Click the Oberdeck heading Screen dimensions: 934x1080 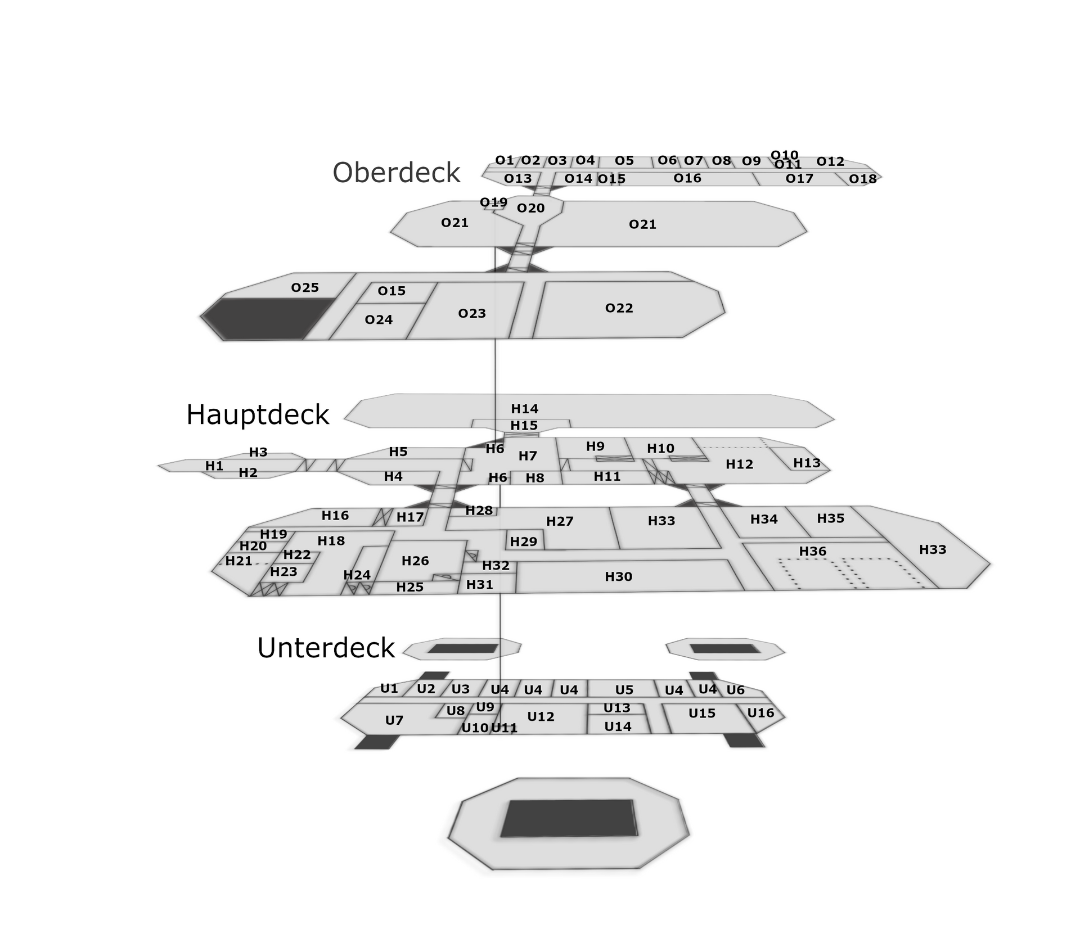pos(396,172)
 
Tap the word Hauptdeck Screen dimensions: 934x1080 pos(257,414)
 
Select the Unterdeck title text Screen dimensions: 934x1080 pos(326,648)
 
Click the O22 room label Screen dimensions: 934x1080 pos(619,308)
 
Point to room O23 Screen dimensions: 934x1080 pos(471,313)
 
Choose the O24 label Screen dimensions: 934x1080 pos(379,320)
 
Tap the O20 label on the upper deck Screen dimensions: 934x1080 pos(530,208)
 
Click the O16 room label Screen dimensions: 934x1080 pos(687,178)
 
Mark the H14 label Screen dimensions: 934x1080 pos(524,409)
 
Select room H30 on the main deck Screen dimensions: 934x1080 pos(618,576)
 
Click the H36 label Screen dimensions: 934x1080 pos(812,551)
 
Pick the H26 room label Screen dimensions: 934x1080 pos(415,561)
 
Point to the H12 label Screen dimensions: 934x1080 pos(739,464)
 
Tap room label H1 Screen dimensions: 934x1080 pos(214,466)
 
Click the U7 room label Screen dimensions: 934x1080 pos(394,720)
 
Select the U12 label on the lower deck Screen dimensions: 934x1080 pos(541,716)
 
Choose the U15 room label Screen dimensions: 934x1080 pos(701,713)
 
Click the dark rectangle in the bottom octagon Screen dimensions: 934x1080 pos(569,818)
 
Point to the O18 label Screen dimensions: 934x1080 pos(862,179)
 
